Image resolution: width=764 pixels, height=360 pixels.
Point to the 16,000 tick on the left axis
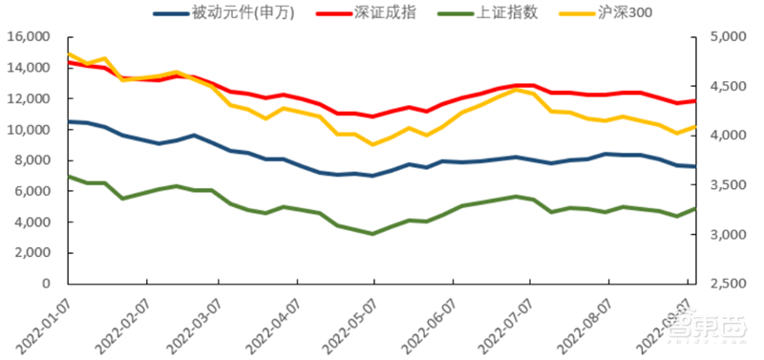pos(29,37)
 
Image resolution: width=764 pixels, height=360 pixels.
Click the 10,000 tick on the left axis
pos(29,130)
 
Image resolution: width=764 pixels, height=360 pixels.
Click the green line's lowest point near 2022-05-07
pos(372,233)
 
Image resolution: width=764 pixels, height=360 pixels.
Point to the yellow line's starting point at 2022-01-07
pos(69,54)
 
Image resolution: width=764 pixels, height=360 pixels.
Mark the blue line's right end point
pos(695,166)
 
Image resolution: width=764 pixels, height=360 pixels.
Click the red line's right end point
pos(695,101)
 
